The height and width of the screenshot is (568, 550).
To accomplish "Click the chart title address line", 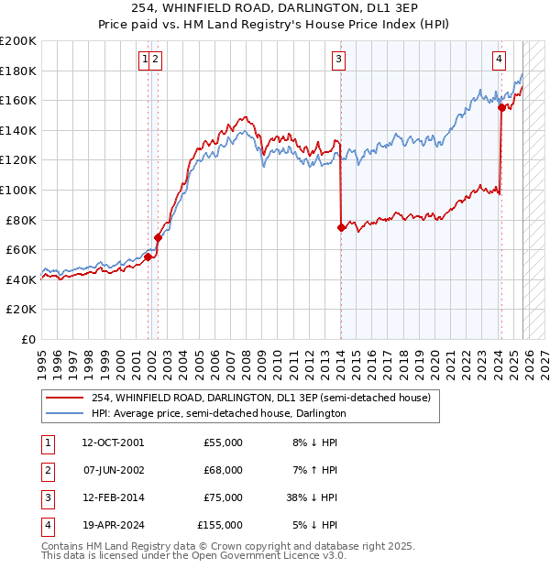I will click(275, 9).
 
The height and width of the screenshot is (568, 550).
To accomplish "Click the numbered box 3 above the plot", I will click(339, 60).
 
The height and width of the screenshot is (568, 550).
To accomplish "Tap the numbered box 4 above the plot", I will click(499, 60).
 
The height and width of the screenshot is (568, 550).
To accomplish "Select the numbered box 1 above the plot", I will click(145, 60).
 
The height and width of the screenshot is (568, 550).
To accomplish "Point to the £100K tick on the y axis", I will click(18, 190).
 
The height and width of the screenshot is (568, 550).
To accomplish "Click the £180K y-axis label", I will click(18, 71).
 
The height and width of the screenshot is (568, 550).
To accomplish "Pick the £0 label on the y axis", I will click(27, 339).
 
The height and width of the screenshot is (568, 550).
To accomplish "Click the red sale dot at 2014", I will click(341, 227).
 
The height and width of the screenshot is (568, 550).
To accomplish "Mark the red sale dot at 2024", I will click(501, 108).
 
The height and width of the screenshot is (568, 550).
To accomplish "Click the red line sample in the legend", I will click(64, 398).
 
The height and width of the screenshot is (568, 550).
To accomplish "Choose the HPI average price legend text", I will click(218, 414).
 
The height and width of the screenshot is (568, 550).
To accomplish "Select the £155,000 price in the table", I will click(220, 525).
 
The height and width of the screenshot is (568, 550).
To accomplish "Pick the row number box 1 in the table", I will click(46, 442).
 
